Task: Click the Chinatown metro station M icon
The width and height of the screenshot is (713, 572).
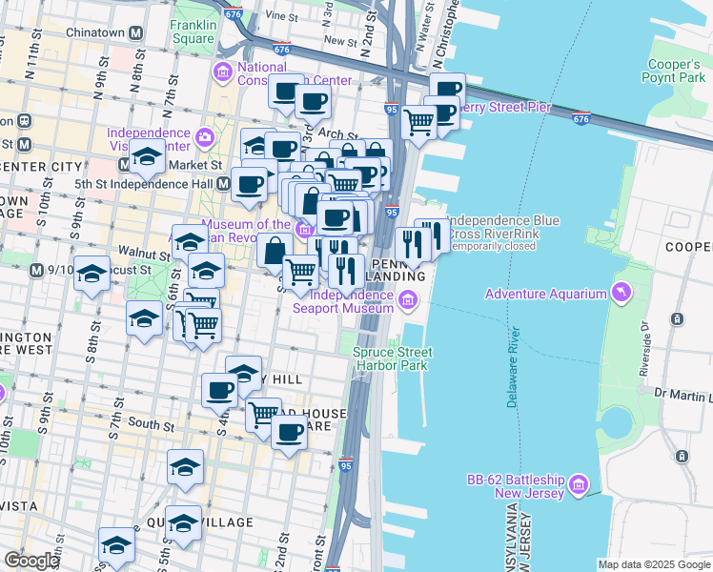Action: [x=136, y=31]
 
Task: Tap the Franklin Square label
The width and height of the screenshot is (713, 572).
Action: [x=194, y=31]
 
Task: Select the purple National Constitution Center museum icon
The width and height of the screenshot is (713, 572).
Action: [x=223, y=72]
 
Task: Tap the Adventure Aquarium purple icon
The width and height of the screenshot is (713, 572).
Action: [x=622, y=293]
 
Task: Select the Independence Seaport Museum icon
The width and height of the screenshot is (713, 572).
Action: [x=408, y=301]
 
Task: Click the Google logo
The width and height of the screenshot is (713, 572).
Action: [x=31, y=561]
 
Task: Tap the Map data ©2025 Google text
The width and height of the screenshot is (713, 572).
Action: [x=653, y=564]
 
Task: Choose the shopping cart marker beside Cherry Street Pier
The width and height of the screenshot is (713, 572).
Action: [x=418, y=122]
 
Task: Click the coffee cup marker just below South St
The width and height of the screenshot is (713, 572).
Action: [x=289, y=433]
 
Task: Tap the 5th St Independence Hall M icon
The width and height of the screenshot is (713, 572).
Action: [x=222, y=183]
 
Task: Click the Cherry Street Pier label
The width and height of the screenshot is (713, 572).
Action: [x=506, y=107]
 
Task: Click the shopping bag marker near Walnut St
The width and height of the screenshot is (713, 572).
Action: [x=275, y=252]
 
